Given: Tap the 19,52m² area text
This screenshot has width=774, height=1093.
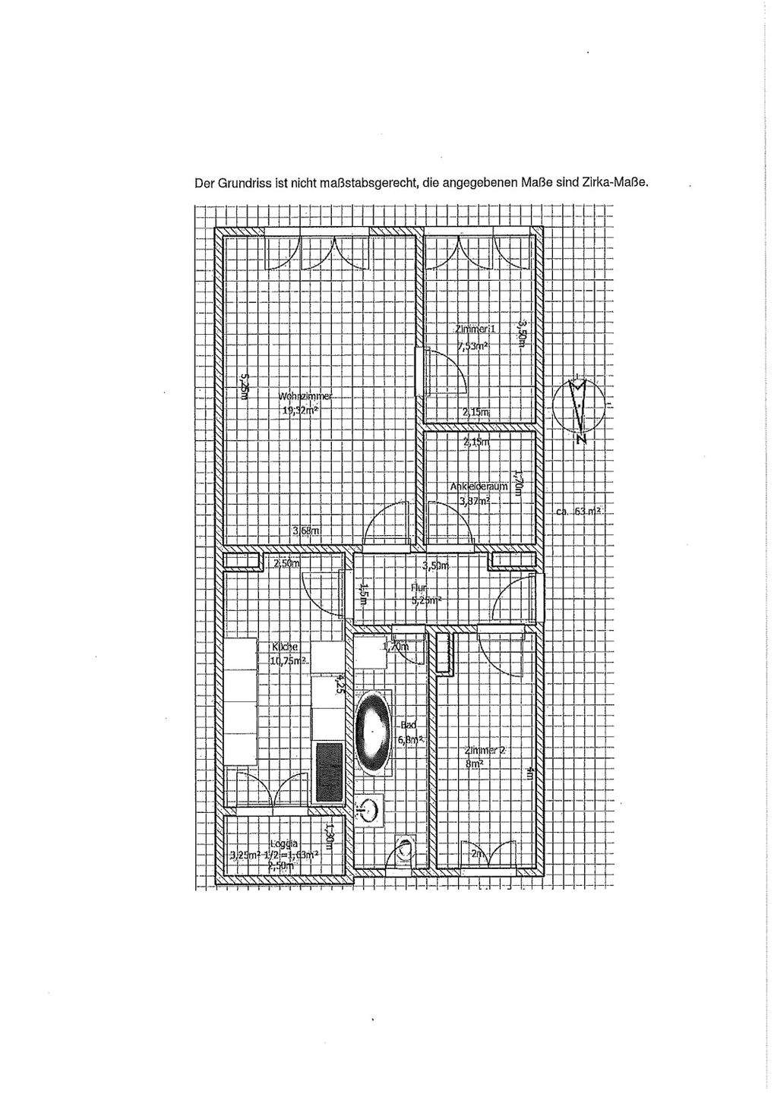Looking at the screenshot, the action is (x=301, y=410).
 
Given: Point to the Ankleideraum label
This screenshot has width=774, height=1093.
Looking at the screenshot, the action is (x=479, y=487).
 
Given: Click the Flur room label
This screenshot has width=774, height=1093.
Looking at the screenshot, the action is (x=419, y=588).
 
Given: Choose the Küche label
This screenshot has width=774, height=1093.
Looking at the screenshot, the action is (x=285, y=647).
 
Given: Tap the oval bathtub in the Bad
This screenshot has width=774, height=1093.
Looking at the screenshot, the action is (x=374, y=732).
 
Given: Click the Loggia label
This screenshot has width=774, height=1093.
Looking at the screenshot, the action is (x=283, y=843).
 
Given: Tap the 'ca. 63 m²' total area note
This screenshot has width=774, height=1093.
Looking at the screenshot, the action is (x=579, y=512).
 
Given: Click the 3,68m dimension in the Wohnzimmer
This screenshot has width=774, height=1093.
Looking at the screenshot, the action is (x=305, y=531).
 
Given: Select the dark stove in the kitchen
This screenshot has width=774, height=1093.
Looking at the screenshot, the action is (x=330, y=772).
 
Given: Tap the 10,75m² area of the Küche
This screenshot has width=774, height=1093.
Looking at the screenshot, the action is (x=287, y=660).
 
